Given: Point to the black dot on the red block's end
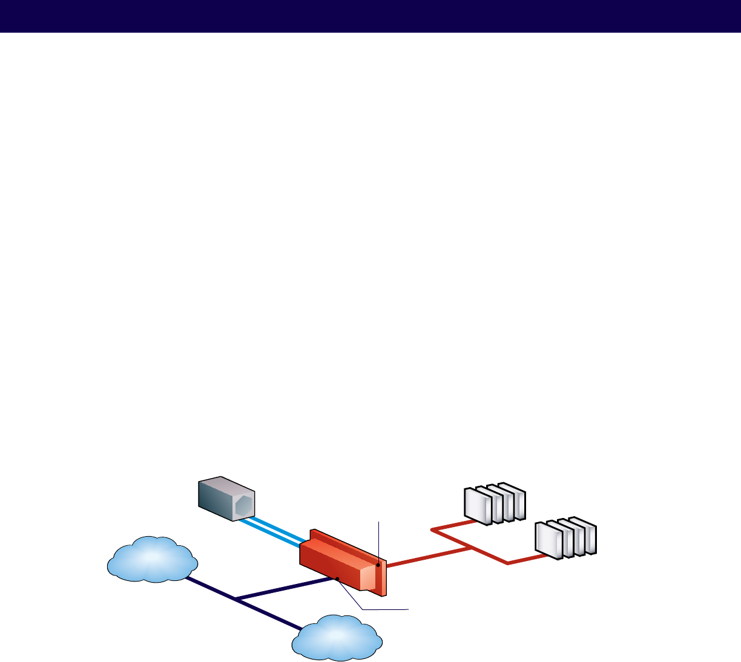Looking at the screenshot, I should (x=378, y=565).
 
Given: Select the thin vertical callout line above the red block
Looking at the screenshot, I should (x=378, y=539).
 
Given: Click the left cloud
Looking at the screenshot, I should (x=153, y=560).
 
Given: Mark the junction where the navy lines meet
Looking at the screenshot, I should (x=236, y=599).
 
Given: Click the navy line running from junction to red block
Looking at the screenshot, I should (x=285, y=589).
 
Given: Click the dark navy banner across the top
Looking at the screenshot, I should (x=370, y=16).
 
